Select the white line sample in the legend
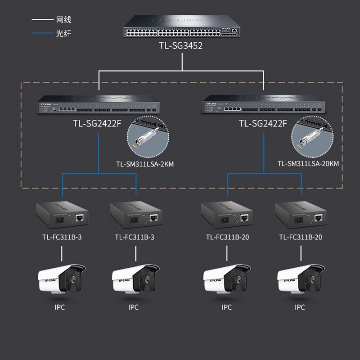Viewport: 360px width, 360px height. (42, 20)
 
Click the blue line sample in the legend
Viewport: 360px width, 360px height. (42, 33)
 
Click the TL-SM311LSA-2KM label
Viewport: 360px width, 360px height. (144, 164)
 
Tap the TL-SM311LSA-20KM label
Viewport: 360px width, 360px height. (308, 164)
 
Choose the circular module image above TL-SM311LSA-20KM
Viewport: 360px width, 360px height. (309, 138)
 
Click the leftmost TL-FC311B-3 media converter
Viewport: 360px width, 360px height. (62, 215)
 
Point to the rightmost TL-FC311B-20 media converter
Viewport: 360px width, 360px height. (300, 215)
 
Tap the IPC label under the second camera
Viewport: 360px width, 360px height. (133, 307)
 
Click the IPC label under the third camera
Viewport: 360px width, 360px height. (227, 307)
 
